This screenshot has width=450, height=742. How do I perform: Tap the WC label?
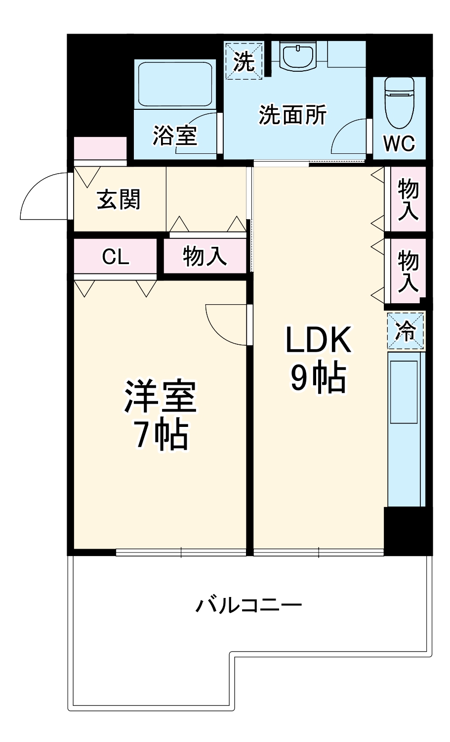point(399,143)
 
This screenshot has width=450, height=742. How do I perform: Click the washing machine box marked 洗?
point(244,61)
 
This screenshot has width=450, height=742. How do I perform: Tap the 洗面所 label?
point(292,115)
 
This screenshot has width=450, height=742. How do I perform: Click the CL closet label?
point(116,256)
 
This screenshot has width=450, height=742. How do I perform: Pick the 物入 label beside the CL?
point(205,256)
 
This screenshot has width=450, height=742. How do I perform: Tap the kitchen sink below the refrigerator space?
point(405,392)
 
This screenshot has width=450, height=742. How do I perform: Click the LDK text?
point(318,340)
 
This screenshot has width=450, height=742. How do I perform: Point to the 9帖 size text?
point(317,379)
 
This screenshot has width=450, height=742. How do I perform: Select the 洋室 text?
point(160,397)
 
